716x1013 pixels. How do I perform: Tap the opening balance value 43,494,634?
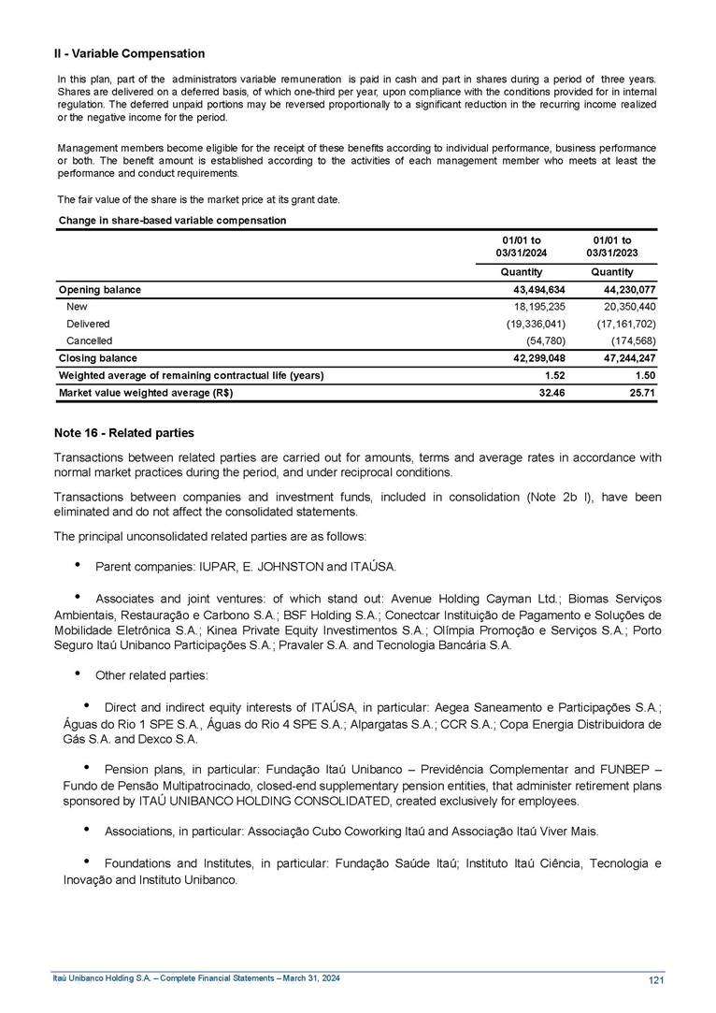click(536, 290)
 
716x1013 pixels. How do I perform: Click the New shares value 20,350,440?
click(623, 307)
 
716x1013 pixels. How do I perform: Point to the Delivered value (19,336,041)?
click(534, 324)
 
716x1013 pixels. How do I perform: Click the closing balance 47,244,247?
click(623, 358)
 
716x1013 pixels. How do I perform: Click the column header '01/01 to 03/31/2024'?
click(522, 248)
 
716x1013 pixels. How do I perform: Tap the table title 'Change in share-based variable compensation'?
click(172, 220)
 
